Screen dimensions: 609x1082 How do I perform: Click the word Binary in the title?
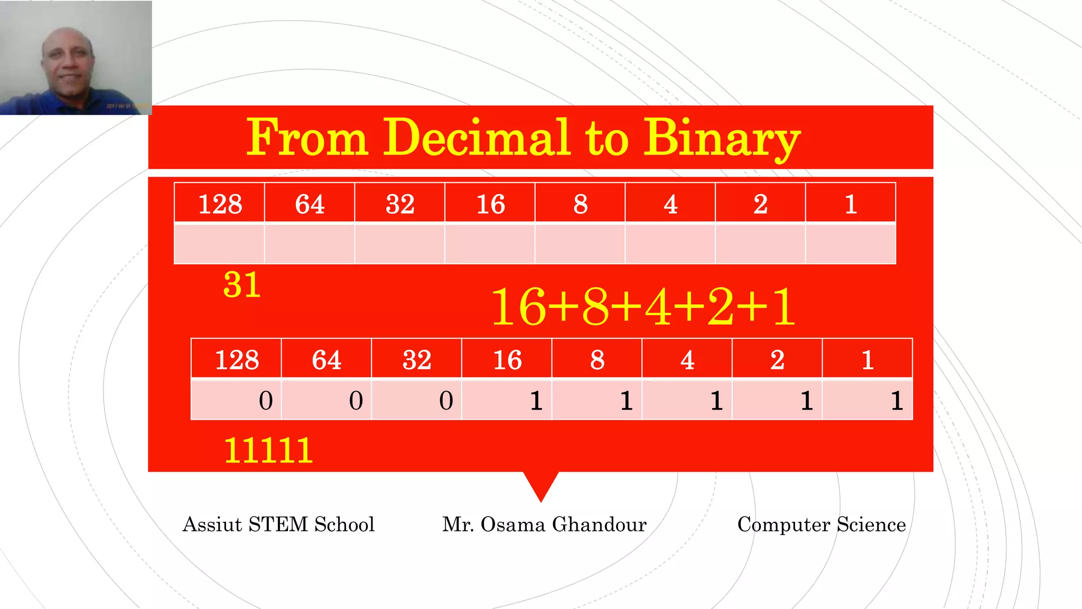tap(722, 139)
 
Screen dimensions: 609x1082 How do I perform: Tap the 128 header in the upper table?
tap(220, 204)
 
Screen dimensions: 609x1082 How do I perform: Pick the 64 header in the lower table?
tap(327, 360)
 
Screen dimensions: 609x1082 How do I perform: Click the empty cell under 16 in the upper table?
tap(490, 244)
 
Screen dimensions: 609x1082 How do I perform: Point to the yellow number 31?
tap(242, 285)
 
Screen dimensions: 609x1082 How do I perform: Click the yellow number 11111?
tap(268, 451)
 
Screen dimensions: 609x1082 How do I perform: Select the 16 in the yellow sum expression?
tap(518, 307)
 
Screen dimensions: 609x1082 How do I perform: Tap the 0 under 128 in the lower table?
tap(266, 401)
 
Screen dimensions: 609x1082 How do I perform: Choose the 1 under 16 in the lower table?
tap(536, 401)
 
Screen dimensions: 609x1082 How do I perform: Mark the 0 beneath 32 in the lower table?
tap(446, 401)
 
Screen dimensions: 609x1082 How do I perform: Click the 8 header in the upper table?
tap(580, 204)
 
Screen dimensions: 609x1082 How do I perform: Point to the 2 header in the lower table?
tap(777, 360)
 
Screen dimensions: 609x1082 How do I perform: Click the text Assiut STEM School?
tap(278, 524)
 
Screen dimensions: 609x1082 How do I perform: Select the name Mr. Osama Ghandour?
tap(544, 524)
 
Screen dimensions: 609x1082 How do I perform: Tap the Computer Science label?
tap(822, 524)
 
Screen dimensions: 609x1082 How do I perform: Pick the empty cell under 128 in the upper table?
tap(220, 244)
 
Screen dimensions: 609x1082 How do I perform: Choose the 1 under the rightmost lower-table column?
tap(897, 401)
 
